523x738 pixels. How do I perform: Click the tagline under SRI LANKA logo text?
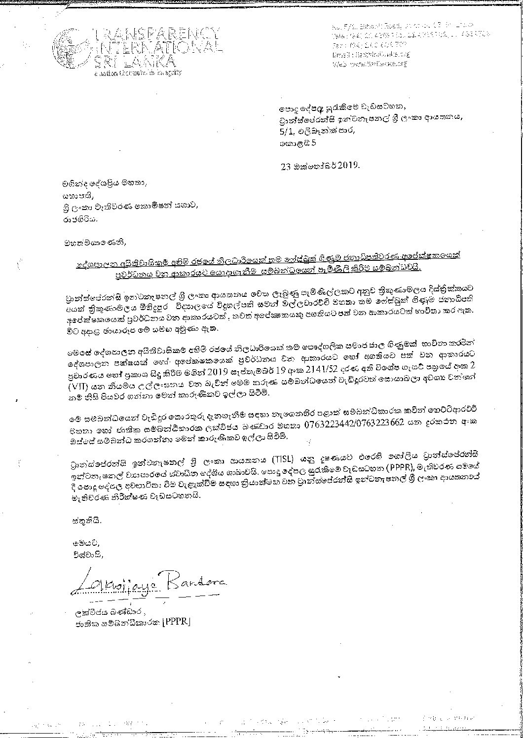tap(138, 72)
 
